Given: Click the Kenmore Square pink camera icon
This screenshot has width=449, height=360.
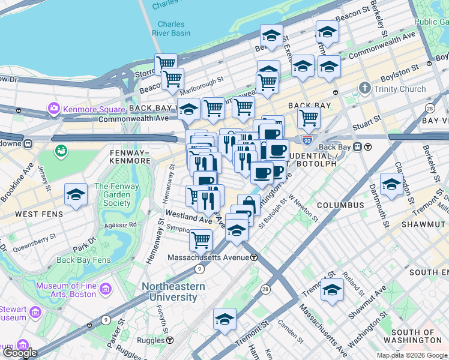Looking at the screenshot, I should point(53,109).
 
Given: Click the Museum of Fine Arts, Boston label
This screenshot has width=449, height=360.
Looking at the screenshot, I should point(66,290).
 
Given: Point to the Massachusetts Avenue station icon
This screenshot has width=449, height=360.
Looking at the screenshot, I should point(254,257).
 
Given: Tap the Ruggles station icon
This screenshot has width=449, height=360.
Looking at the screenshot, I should point(170,340).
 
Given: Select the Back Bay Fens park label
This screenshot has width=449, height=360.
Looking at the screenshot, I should point(83,260).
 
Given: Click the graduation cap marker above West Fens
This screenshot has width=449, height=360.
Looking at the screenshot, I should point(76,194).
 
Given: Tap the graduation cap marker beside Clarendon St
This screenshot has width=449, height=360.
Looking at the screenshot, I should point(391,184).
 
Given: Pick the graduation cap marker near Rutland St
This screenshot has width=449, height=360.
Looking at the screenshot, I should point(332,290).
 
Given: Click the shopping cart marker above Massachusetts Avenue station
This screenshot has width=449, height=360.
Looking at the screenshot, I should point(200,239).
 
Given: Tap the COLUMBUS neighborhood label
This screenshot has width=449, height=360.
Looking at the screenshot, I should point(340,205).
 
